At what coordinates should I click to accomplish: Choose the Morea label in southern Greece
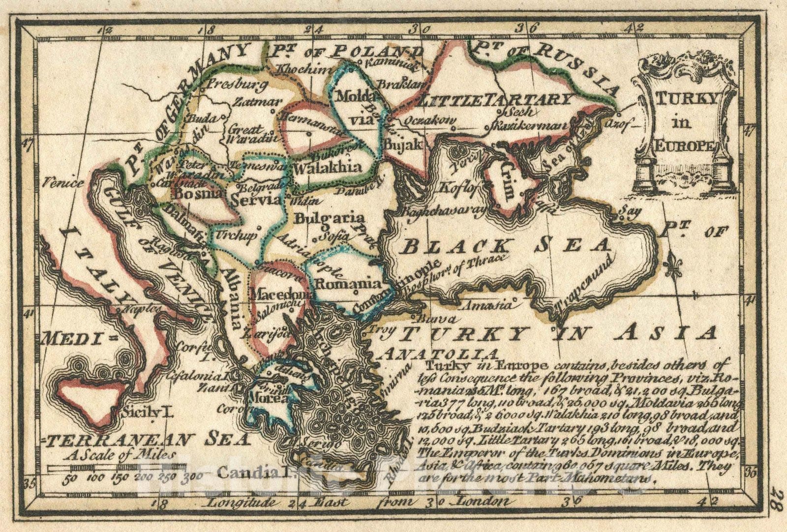(x=265, y=398)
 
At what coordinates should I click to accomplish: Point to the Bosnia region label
(x=192, y=194)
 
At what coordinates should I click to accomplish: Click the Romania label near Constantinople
(x=348, y=284)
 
